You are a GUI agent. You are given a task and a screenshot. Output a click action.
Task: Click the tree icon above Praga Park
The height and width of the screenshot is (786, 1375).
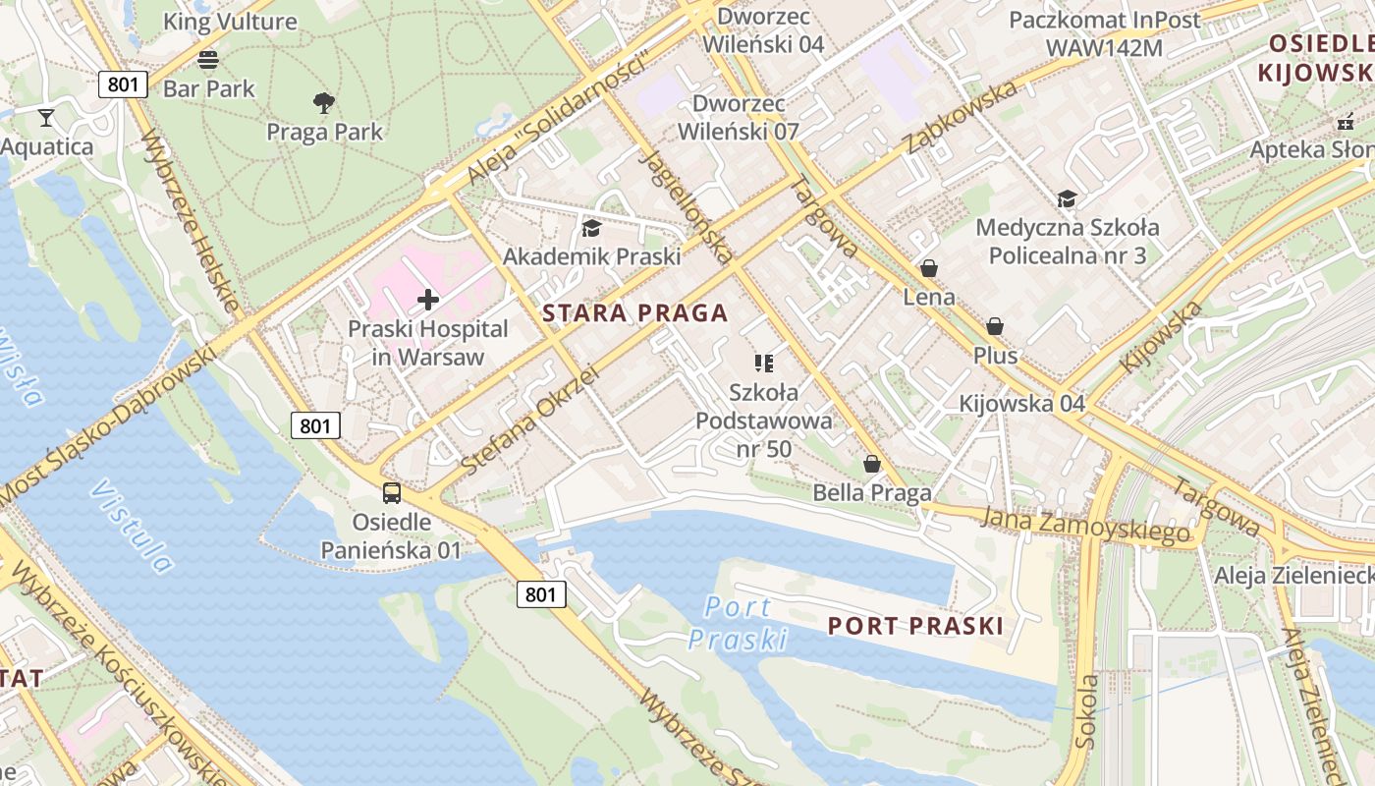(323, 102)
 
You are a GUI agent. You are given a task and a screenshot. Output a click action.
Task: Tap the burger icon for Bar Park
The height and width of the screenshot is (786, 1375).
(208, 59)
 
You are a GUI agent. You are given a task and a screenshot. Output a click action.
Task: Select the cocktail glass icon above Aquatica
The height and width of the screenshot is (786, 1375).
(45, 118)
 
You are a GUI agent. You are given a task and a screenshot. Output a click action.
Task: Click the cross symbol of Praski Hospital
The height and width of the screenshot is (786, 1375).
(428, 300)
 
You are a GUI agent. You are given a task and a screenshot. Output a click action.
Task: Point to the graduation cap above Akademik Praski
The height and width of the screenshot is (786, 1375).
(591, 229)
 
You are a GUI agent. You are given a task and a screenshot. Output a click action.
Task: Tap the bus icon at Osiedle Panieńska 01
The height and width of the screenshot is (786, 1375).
(391, 492)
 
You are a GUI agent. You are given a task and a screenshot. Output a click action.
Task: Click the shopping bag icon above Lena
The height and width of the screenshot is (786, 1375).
(928, 268)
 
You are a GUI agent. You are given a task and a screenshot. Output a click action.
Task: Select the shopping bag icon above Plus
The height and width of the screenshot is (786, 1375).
(995, 326)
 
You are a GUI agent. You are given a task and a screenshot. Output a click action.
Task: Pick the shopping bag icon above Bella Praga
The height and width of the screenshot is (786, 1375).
(871, 464)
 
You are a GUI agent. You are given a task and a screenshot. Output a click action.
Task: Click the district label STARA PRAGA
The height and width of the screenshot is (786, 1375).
(634, 313)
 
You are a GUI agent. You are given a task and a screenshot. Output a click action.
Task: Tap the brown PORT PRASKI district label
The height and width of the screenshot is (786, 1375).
(915, 626)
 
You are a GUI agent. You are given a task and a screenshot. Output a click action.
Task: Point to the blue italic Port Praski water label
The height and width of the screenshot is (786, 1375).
(738, 624)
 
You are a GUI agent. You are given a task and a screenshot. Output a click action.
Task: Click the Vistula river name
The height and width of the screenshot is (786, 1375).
(132, 526)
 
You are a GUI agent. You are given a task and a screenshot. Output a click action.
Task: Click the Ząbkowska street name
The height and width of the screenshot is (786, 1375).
(961, 118)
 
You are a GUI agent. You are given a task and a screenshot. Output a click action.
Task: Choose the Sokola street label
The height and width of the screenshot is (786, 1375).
(1087, 711)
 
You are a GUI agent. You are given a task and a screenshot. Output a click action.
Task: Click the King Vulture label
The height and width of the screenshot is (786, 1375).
(230, 22)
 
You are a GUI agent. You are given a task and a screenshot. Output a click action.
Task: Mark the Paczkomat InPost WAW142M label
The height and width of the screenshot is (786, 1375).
(1105, 33)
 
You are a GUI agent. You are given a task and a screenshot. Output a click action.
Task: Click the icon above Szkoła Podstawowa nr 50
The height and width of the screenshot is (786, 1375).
(764, 364)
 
